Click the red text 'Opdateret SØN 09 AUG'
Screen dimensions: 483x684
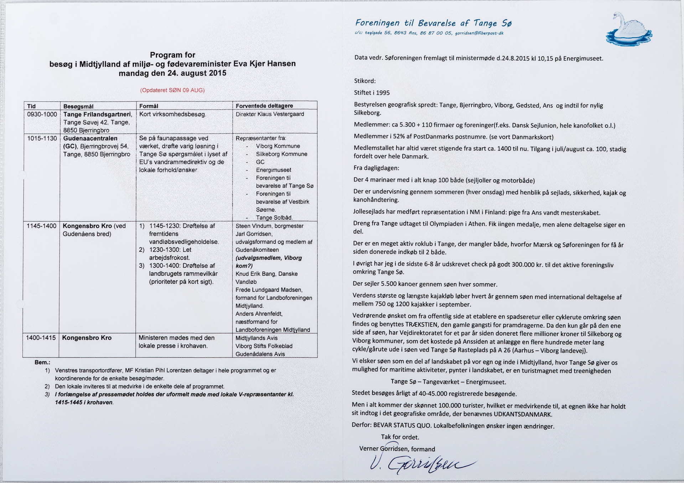tap(172, 90)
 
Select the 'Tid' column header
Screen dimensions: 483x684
tap(31, 106)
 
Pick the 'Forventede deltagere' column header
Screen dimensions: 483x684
tap(264, 106)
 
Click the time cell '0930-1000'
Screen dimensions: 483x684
tap(42, 114)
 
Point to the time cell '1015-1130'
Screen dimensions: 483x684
tap(42, 138)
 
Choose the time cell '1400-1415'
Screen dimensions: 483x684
tap(41, 338)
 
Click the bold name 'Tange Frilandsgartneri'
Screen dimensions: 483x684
tap(98, 114)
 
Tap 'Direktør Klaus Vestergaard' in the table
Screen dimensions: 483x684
tap(270, 114)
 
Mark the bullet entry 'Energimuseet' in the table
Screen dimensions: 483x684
tap(273, 170)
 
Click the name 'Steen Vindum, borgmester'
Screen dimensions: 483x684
tap(269, 226)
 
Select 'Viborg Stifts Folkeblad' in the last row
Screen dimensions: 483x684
tap(264, 346)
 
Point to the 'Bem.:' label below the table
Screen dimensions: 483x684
tap(42, 362)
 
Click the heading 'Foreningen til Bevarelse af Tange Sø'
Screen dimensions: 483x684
tap(433, 23)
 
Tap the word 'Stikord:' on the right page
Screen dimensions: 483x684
tap(365, 81)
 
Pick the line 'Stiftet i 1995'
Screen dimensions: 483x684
tap(372, 93)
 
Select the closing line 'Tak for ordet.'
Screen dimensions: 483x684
tap(400, 437)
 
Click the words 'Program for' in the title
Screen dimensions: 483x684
tap(172, 55)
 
